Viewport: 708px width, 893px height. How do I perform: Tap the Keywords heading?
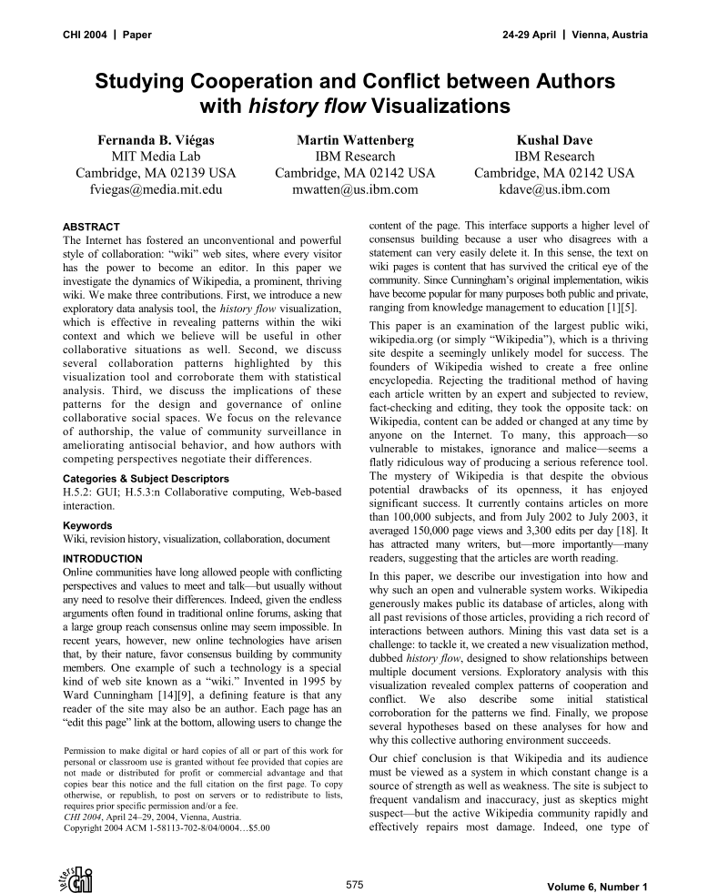(x=88, y=525)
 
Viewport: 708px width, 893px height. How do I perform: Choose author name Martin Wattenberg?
(x=355, y=140)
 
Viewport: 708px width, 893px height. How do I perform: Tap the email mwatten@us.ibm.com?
(x=355, y=190)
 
